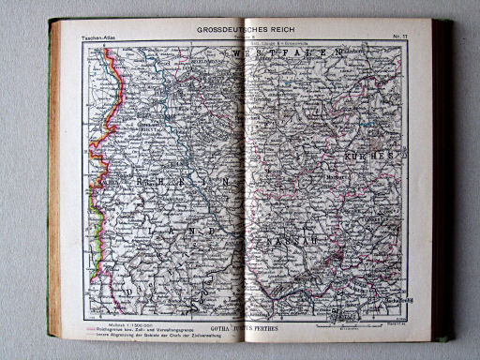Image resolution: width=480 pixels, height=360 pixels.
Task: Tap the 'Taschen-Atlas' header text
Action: point(100,36)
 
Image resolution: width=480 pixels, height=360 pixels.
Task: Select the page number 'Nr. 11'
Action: point(396,36)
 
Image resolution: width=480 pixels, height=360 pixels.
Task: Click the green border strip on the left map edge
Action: point(89,197)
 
